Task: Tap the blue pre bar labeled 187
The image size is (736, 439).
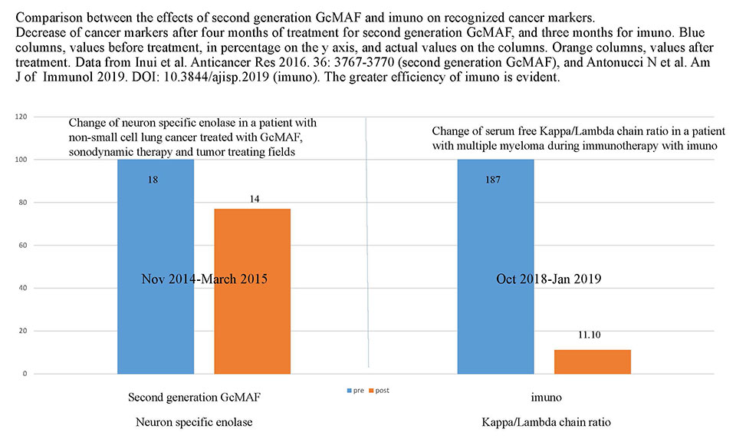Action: point(495,230)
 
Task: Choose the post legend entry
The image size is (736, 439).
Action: point(378,391)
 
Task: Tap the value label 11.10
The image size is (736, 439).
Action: point(592,335)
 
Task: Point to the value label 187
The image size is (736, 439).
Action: point(495,178)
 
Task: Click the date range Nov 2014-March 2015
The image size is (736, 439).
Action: point(204,279)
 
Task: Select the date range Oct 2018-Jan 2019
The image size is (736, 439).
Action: point(547,279)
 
